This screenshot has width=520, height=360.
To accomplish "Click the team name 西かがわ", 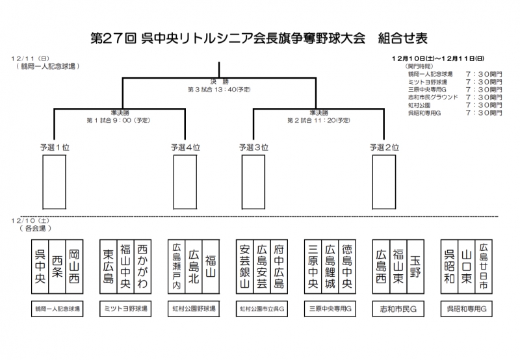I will click(x=142, y=264).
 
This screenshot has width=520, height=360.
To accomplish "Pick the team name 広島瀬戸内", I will click(x=175, y=265).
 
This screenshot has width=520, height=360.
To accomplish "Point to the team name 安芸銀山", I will click(x=244, y=265).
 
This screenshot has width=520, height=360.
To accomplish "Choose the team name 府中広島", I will click(x=279, y=264).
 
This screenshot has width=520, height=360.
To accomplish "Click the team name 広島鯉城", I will click(x=330, y=265).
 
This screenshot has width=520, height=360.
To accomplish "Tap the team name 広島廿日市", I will click(x=483, y=264).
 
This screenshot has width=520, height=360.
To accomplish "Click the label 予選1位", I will click(x=54, y=147).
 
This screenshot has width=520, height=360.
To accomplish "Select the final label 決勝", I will click(x=220, y=81).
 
